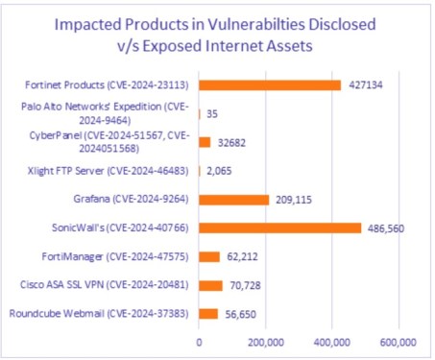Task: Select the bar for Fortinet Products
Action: [270, 84]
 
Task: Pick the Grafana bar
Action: [234, 200]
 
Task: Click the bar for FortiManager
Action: [209, 256]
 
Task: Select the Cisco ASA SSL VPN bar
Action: [211, 285]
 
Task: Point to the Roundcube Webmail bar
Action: [208, 314]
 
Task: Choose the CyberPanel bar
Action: [205, 142]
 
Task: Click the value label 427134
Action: [365, 84]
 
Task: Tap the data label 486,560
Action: [389, 228]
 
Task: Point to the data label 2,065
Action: [220, 171]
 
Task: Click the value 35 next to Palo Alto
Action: [212, 113]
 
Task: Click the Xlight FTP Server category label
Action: [108, 171]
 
